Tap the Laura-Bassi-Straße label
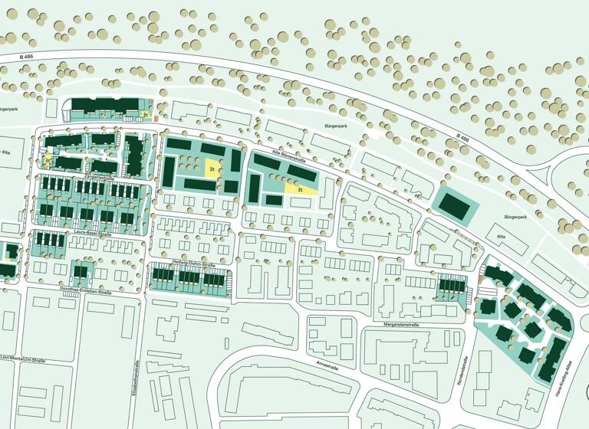94,234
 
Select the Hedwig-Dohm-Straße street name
190,261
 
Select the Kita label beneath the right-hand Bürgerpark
502,238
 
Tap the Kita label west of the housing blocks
7,152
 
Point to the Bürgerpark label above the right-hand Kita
515,218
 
